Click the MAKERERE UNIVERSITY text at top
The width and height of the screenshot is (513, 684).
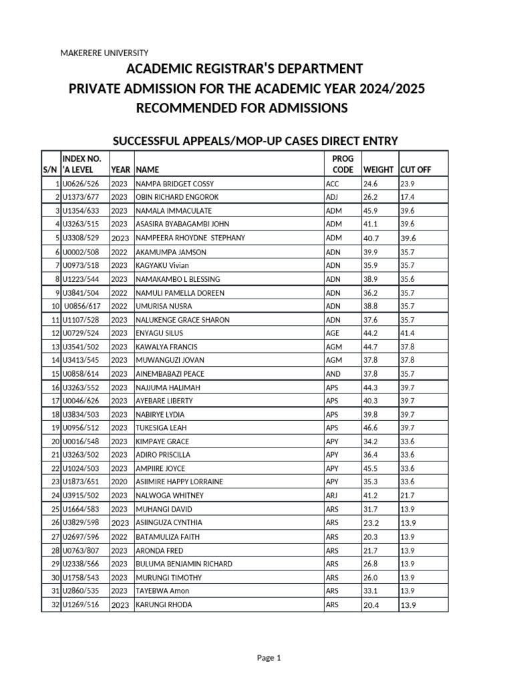(x=104, y=53)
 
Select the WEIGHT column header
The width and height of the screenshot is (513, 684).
(x=379, y=170)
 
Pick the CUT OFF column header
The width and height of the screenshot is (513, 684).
(x=415, y=170)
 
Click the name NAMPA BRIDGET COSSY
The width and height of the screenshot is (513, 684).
(x=175, y=184)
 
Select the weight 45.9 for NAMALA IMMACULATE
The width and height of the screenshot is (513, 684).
(x=370, y=211)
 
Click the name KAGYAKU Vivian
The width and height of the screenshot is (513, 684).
(x=162, y=265)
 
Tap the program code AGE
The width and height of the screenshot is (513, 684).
(x=333, y=333)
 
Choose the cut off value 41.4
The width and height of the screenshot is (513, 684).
(x=407, y=333)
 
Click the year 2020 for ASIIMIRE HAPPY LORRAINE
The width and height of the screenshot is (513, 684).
(x=119, y=482)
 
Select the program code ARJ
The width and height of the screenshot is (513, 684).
(x=333, y=496)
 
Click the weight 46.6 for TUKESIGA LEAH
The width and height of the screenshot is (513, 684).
(x=370, y=427)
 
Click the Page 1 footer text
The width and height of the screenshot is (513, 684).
(x=269, y=658)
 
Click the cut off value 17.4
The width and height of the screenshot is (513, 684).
(x=407, y=197)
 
